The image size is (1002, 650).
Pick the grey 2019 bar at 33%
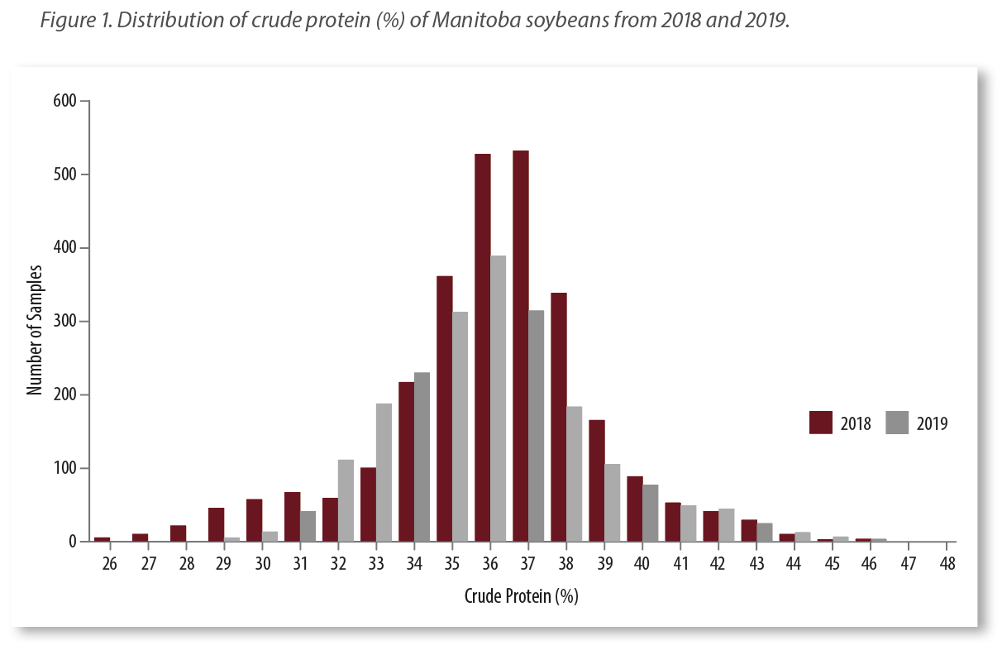pos(384,472)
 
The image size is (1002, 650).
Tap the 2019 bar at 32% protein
pos(346,500)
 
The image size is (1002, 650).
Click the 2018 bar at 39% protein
pos(597,480)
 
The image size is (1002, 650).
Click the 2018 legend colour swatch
pos(820,423)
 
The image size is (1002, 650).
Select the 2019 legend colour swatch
pos(897,423)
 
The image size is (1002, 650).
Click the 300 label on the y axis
pos(65,321)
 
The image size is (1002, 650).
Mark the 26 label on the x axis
pos(109,564)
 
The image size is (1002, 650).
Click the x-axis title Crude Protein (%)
pos(521,596)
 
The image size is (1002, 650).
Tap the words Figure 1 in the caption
pos(73,21)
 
